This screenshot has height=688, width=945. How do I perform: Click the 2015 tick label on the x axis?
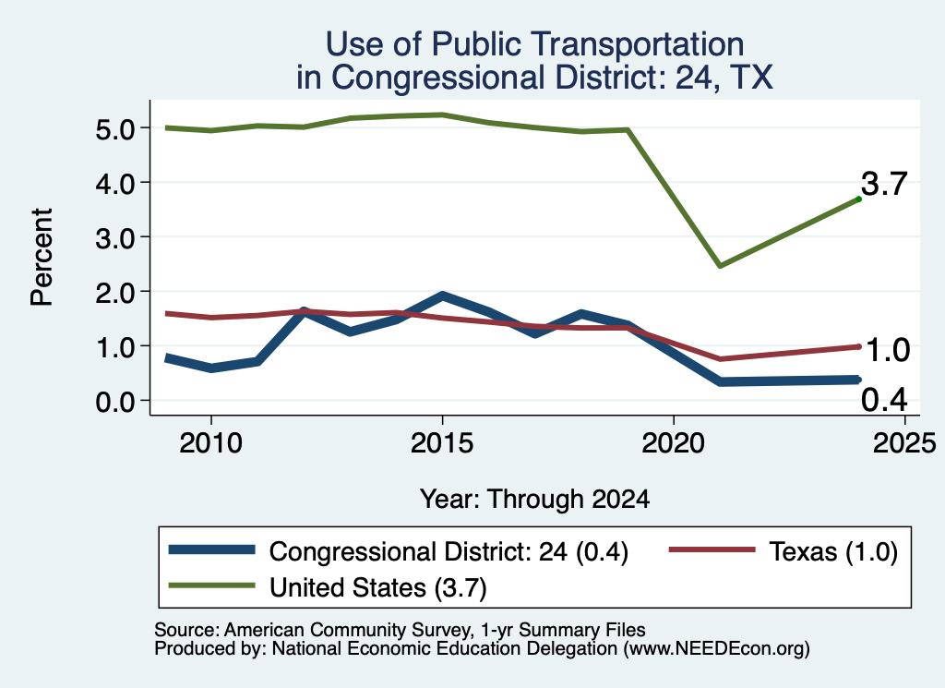442,444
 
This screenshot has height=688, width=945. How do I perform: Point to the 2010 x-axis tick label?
211,444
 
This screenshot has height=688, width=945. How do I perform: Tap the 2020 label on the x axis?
673,444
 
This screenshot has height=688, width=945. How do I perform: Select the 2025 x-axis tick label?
904,444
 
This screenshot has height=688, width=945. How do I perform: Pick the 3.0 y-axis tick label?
114,238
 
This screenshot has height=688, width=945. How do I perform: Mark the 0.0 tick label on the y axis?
114,402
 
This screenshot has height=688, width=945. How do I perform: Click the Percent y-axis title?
42,258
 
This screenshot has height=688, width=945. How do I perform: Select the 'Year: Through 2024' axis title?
534,500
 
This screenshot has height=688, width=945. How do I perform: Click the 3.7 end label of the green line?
883,183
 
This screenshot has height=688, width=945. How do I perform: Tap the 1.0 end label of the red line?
887,350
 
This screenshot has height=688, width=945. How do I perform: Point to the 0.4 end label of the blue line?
884,400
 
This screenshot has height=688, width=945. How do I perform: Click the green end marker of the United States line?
858,199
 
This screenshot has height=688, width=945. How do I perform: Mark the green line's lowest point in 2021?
720,265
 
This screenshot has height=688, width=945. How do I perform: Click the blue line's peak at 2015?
442,296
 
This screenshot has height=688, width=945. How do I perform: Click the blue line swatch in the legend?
211,549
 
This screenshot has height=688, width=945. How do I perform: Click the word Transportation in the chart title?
639,45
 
